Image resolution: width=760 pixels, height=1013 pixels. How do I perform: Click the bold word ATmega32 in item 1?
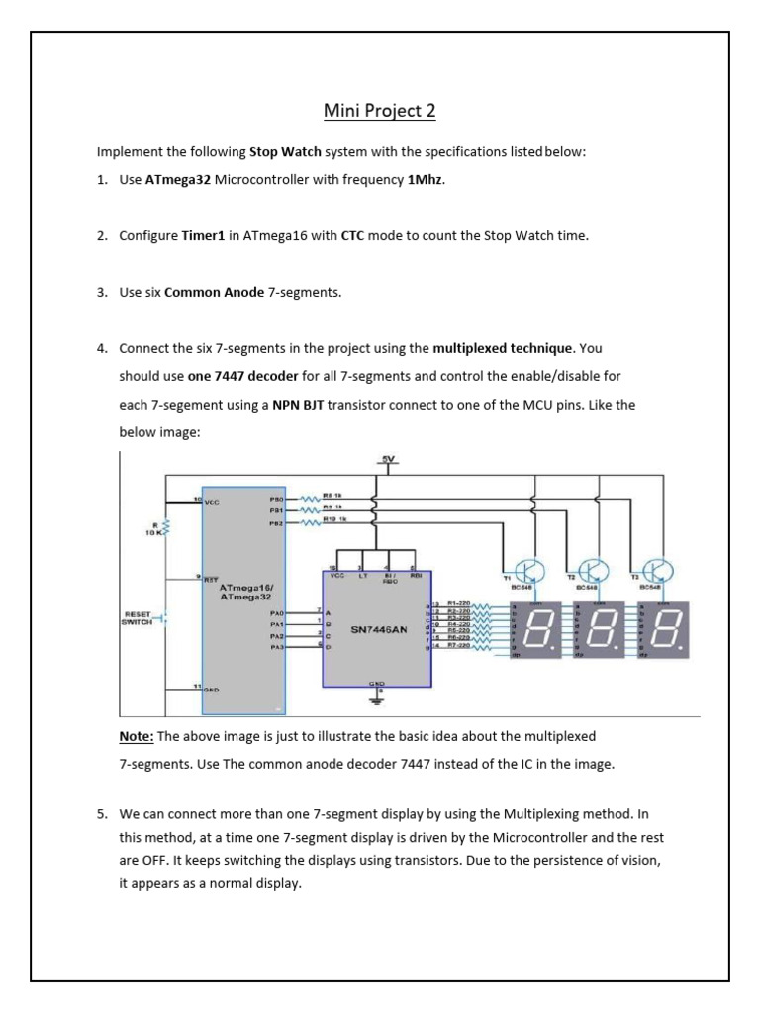[178, 181]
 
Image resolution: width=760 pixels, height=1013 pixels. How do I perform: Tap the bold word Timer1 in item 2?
[206, 236]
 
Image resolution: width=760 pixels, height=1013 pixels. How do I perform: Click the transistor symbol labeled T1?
[530, 570]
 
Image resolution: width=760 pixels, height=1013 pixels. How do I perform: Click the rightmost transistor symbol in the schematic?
[656, 570]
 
